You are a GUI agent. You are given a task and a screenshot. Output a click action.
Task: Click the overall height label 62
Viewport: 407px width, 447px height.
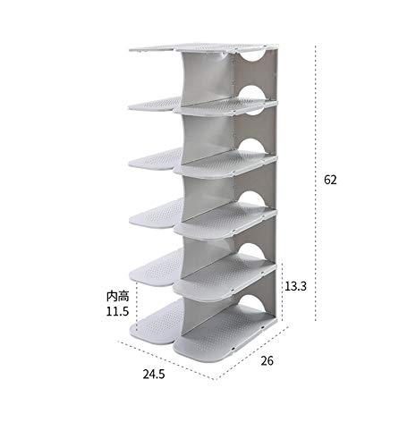330,180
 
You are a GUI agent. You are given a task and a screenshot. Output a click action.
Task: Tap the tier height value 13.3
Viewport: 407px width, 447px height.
295,286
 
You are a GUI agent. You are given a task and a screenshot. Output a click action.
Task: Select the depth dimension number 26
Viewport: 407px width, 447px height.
267,361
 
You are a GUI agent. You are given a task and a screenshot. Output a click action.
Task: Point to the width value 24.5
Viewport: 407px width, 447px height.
154,374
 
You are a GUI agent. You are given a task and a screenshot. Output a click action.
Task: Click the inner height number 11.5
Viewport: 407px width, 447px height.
117,311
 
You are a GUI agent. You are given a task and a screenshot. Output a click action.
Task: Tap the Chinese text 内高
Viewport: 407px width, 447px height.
117,297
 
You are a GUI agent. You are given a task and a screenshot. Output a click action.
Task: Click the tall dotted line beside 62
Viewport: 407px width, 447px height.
316,182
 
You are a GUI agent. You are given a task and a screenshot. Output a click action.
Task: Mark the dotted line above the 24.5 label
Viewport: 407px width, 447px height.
166,360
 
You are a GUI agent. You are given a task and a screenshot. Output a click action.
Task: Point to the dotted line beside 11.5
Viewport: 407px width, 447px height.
137,306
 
